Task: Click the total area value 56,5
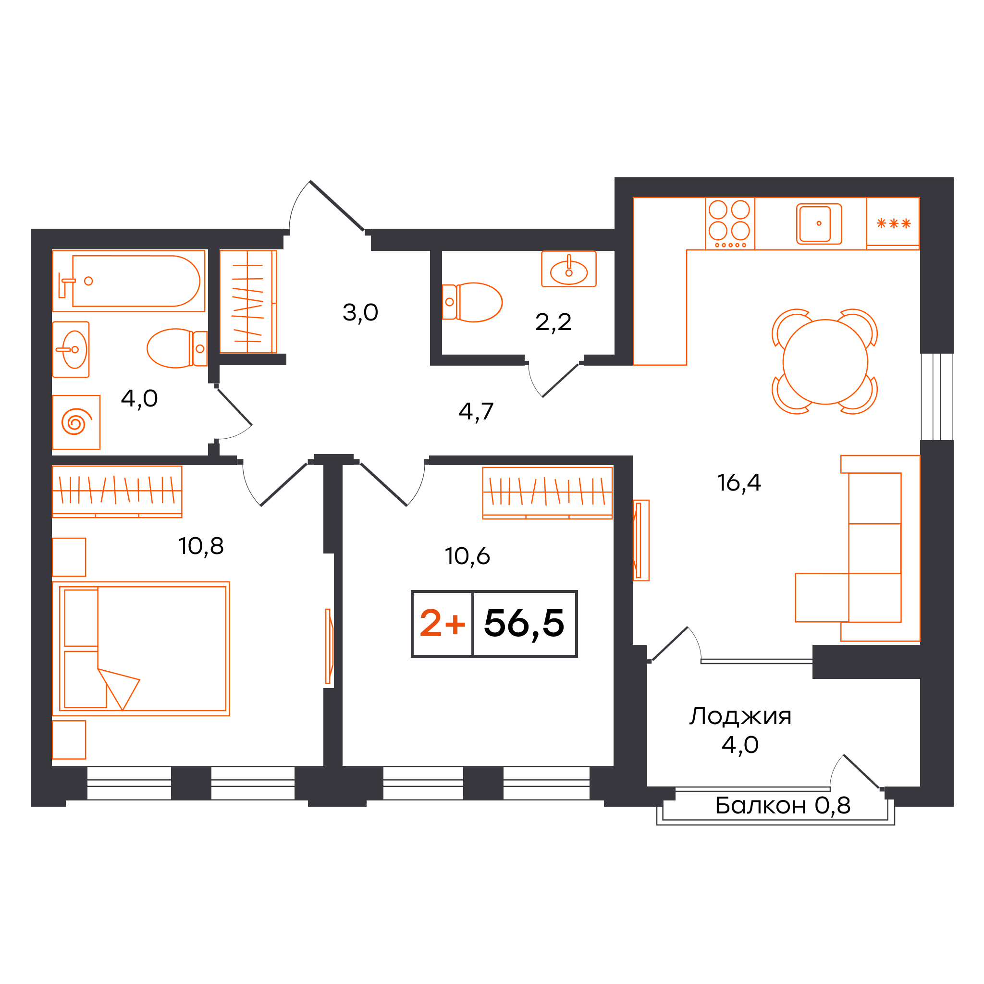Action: (524, 623)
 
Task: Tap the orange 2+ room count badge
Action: (442, 623)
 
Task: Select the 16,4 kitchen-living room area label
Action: (739, 482)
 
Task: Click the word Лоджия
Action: (740, 716)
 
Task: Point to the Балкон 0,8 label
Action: (783, 805)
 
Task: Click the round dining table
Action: (825, 362)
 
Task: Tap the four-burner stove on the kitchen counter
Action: (730, 223)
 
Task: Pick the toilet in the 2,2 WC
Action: (472, 302)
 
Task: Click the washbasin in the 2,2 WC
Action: (569, 269)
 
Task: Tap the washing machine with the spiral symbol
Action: (76, 422)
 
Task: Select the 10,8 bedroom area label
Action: (201, 546)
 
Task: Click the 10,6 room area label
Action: (467, 556)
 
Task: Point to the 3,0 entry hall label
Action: (360, 312)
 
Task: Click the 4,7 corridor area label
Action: (476, 411)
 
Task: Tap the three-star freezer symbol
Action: (893, 223)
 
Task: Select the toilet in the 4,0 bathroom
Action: (177, 348)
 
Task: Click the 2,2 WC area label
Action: (553, 322)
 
